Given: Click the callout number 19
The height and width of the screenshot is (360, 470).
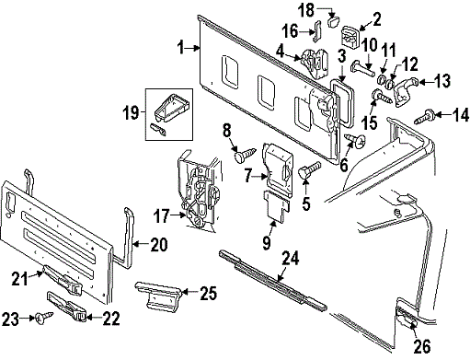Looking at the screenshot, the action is pos(131,112).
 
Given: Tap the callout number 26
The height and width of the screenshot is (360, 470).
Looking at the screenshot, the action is pos(422,346).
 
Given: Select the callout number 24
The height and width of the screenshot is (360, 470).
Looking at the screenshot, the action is pos(291,259).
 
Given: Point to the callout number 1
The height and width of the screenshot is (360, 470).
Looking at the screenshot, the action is pos(181,48).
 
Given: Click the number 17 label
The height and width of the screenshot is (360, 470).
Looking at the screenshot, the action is pos(161,215).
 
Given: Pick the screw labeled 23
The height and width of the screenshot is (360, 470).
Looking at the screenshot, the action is pos(44,317).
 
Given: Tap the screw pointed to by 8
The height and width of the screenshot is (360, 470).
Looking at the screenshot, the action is pos(245,155).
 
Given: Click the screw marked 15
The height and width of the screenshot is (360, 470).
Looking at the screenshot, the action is pos(381,96).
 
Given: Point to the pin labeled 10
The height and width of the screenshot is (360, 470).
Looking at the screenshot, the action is pos(363,68).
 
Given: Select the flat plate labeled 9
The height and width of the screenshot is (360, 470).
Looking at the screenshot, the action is pos(277,205).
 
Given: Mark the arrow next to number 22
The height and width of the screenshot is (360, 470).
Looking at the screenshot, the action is pos(93,318).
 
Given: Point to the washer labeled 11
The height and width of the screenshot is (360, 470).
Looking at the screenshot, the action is pos(382,78).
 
